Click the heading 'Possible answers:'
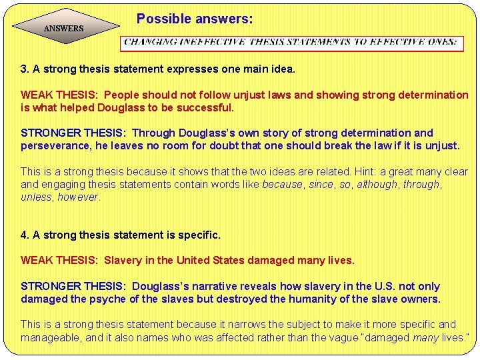(195, 19)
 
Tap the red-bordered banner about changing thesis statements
(291, 43)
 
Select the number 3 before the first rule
(25, 69)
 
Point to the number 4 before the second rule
(25, 235)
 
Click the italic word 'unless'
(36, 197)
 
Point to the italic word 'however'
(78, 197)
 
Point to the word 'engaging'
(63, 184)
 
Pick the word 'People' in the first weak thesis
(122, 95)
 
